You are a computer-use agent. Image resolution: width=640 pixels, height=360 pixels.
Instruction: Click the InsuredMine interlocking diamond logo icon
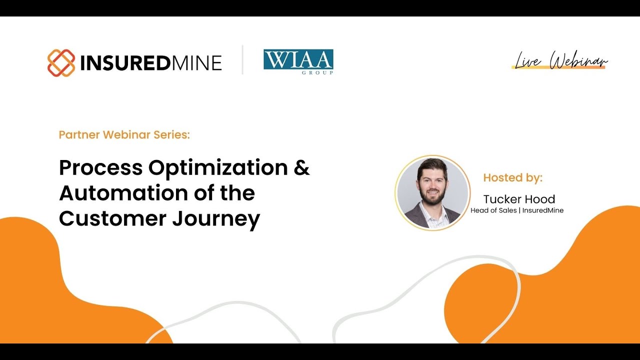[x=61, y=63]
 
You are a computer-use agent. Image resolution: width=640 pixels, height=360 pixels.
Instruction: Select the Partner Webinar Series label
[x=124, y=134]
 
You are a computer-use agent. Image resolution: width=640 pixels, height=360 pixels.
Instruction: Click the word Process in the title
[x=100, y=168]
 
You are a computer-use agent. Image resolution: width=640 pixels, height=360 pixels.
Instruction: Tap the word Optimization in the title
[x=218, y=168]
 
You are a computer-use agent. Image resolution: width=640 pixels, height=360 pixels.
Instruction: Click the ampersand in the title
[x=301, y=167]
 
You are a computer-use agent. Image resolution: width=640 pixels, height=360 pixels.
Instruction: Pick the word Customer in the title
[x=112, y=219]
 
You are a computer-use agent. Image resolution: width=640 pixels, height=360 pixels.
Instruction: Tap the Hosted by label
[x=512, y=177]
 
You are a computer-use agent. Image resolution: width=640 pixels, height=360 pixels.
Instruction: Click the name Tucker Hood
[x=519, y=199]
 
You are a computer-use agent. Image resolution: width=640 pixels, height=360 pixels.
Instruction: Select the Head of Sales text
[x=493, y=210]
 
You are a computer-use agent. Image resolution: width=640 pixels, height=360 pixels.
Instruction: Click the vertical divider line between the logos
[x=242, y=60]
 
